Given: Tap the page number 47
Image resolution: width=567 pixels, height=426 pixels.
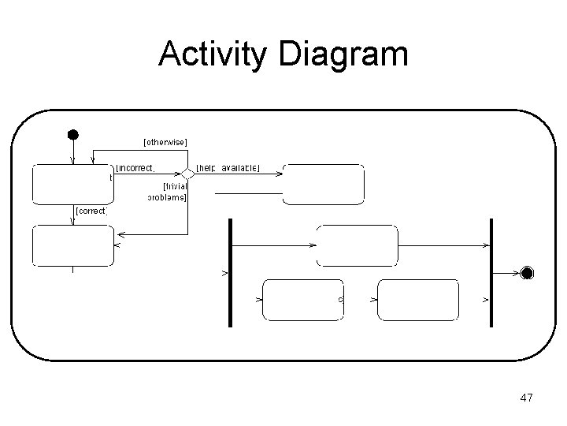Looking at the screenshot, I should pos(527,398).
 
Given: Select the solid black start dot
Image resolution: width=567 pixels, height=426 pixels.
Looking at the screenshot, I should pos(72,134).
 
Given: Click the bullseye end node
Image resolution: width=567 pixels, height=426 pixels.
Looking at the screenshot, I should pos(527,273).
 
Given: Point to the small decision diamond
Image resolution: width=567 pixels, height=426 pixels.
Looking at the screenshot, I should pos(187,174).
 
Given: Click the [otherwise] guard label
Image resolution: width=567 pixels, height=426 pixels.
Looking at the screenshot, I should pos(165,142).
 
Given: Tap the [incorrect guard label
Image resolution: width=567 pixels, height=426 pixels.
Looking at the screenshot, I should pos(135,167).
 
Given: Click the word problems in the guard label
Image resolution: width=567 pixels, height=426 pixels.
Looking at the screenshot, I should pos(167,197).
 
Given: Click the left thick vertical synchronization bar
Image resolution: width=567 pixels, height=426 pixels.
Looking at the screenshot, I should pos(230,272).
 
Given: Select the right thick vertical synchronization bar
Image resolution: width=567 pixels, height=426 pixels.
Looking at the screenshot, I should pos(491,272).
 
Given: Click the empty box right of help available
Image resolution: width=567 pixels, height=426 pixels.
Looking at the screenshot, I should pos(324,184).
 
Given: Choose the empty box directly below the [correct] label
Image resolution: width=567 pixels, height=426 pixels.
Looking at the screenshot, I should pos(72,245).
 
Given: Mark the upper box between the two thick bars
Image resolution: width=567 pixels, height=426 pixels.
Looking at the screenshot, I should pos(357,245).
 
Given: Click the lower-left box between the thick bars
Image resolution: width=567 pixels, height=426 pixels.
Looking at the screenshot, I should pos(302,300).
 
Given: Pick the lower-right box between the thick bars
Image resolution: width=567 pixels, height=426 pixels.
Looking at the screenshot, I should pos(418,300).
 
